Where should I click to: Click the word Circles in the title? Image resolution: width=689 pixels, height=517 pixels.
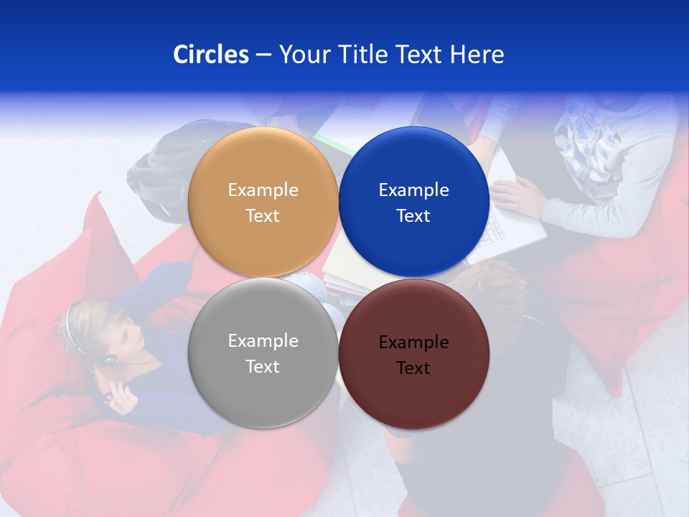coord(210,55)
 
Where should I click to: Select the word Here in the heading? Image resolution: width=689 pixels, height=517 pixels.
coord(477,55)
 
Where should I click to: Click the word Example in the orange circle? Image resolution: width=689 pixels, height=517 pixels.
coord(263,190)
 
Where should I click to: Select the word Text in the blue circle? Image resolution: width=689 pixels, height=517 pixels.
coord(413,216)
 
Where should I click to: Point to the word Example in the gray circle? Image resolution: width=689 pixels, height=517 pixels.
coord(263,341)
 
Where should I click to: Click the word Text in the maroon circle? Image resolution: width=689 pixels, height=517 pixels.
coord(413,368)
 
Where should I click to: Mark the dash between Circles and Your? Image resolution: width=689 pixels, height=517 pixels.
coord(263,55)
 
